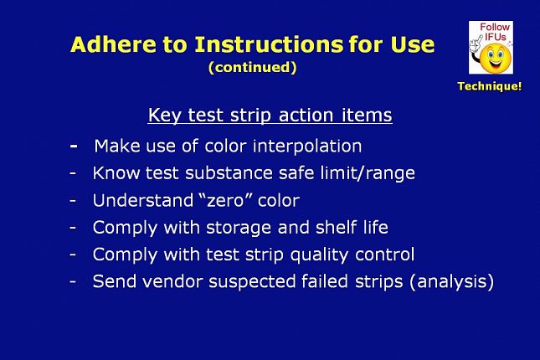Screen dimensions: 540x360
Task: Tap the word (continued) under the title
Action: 253,67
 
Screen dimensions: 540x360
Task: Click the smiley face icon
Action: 495,58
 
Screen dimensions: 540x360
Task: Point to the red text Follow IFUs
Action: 495,32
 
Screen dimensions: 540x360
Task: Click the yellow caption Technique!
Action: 490,86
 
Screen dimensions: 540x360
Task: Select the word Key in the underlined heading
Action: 164,116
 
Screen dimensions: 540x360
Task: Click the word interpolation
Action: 307,147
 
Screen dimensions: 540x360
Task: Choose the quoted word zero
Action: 226,200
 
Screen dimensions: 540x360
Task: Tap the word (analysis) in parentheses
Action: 452,282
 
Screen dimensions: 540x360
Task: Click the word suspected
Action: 252,282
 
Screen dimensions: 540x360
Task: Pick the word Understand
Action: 143,200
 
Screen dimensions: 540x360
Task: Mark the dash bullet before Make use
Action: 74,146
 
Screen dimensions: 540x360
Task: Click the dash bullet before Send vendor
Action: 73,281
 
